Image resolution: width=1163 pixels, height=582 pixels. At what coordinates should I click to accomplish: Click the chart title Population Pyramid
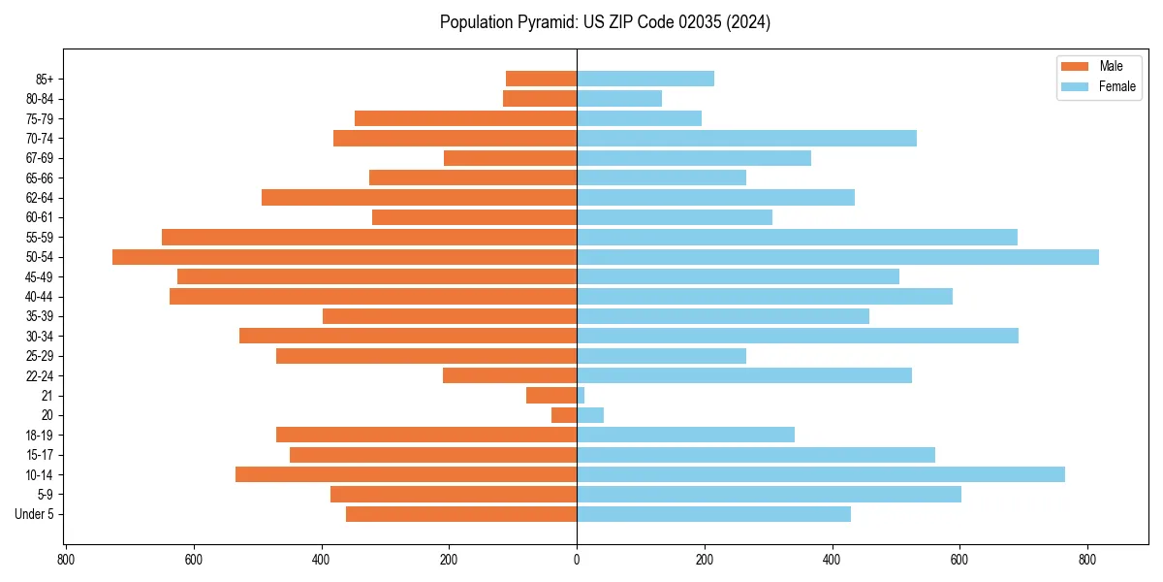[x=605, y=22]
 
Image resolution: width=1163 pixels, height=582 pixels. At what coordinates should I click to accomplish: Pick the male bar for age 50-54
[x=344, y=257]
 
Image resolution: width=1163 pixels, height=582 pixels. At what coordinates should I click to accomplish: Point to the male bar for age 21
[x=551, y=396]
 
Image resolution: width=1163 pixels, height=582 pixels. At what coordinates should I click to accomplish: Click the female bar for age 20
[x=590, y=415]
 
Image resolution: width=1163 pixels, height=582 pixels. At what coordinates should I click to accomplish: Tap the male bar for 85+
[x=541, y=79]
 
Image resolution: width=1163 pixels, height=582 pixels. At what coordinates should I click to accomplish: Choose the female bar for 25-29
[x=661, y=356]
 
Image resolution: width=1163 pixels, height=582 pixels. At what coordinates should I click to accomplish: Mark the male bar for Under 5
[x=461, y=514]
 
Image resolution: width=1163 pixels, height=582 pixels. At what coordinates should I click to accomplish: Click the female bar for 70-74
[x=746, y=139]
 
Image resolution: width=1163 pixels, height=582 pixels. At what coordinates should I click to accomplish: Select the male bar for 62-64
[x=419, y=198]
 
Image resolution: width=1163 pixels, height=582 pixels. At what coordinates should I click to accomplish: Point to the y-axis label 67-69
[x=39, y=158]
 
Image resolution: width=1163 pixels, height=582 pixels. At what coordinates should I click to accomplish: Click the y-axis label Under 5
[x=34, y=514]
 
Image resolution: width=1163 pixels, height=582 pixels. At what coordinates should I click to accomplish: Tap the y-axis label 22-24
[x=39, y=375]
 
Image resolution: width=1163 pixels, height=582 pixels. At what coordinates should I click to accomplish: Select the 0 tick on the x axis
[x=577, y=559]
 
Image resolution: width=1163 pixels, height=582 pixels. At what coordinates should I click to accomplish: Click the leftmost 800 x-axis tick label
[x=66, y=559]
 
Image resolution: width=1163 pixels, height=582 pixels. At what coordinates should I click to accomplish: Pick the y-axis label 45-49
[x=39, y=276]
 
